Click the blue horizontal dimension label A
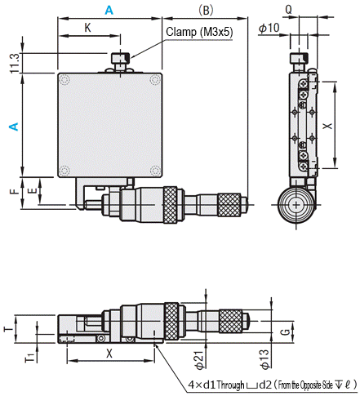tap(109, 11)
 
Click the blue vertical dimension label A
tap(14, 127)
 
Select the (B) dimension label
tap(206, 11)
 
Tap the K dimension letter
tap(87, 28)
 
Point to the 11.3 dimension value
tap(15, 63)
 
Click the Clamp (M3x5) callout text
tap(199, 32)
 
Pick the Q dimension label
tap(288, 10)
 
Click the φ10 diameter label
tap(269, 28)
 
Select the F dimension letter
tap(15, 191)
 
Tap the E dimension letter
tap(33, 190)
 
